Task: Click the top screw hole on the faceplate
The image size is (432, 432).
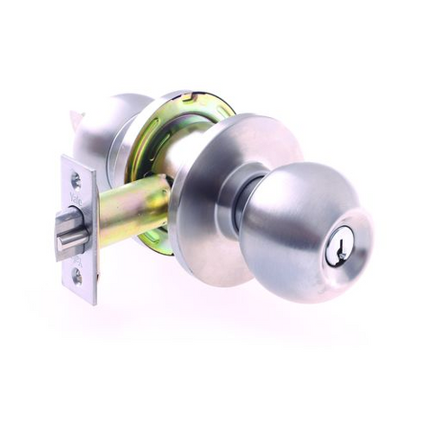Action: (x=76, y=181)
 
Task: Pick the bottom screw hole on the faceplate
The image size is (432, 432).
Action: (x=78, y=277)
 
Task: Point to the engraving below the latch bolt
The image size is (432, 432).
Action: (x=76, y=259)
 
